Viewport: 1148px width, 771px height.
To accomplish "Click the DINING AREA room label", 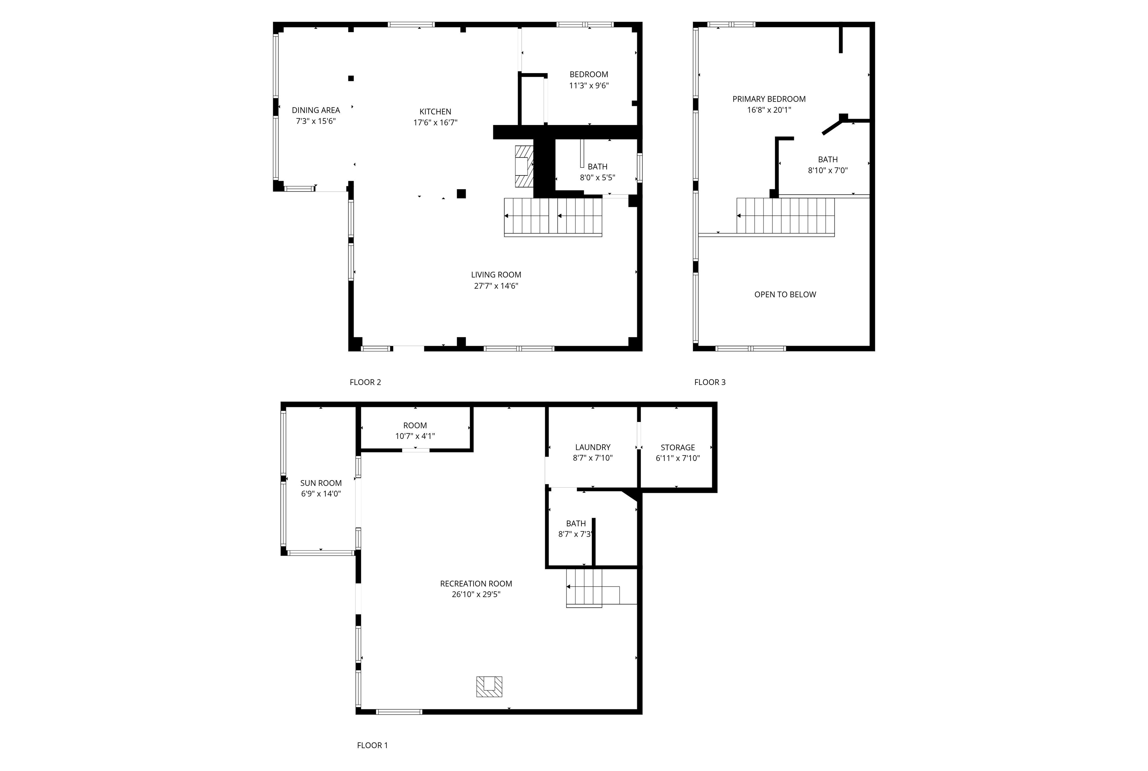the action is tap(315, 110).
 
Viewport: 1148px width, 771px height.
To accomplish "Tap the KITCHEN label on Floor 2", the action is tap(435, 112).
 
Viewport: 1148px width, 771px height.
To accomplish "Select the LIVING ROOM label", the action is tap(496, 275).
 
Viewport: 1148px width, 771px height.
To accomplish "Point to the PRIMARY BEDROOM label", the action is tap(769, 99).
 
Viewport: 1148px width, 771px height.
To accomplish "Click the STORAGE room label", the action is tap(678, 447).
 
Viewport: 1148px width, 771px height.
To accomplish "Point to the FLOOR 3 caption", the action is tap(710, 382).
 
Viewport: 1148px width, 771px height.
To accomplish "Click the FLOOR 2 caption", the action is tap(365, 382).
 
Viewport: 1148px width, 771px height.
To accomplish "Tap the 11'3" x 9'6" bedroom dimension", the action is tap(589, 86).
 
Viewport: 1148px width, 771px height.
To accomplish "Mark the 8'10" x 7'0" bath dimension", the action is tap(828, 171).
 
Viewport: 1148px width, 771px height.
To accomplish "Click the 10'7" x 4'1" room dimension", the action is tap(415, 436).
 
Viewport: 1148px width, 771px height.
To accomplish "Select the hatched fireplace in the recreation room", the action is tap(489, 686).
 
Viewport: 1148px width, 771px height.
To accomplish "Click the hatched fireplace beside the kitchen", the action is tap(524, 166).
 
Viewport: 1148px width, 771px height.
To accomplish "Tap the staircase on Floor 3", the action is tap(786, 216).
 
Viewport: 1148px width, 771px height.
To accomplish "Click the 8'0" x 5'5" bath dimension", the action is tap(598, 178).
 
